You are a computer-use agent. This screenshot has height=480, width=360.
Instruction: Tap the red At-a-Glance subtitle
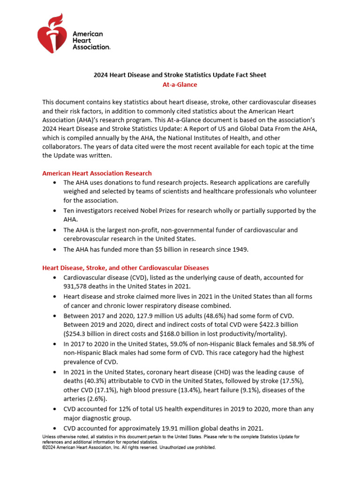[180, 85]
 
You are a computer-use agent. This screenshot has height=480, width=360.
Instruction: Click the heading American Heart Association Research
[97, 173]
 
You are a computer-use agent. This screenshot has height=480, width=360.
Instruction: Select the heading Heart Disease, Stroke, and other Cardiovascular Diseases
[126, 268]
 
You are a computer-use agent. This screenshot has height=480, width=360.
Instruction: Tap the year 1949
[238, 249]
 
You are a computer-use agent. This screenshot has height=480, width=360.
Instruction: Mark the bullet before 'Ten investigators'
[56, 211]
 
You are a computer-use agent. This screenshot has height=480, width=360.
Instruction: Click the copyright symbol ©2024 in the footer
[49, 448]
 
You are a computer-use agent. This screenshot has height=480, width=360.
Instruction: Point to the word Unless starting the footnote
[50, 436]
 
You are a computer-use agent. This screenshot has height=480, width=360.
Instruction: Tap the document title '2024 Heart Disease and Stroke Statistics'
[180, 75]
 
